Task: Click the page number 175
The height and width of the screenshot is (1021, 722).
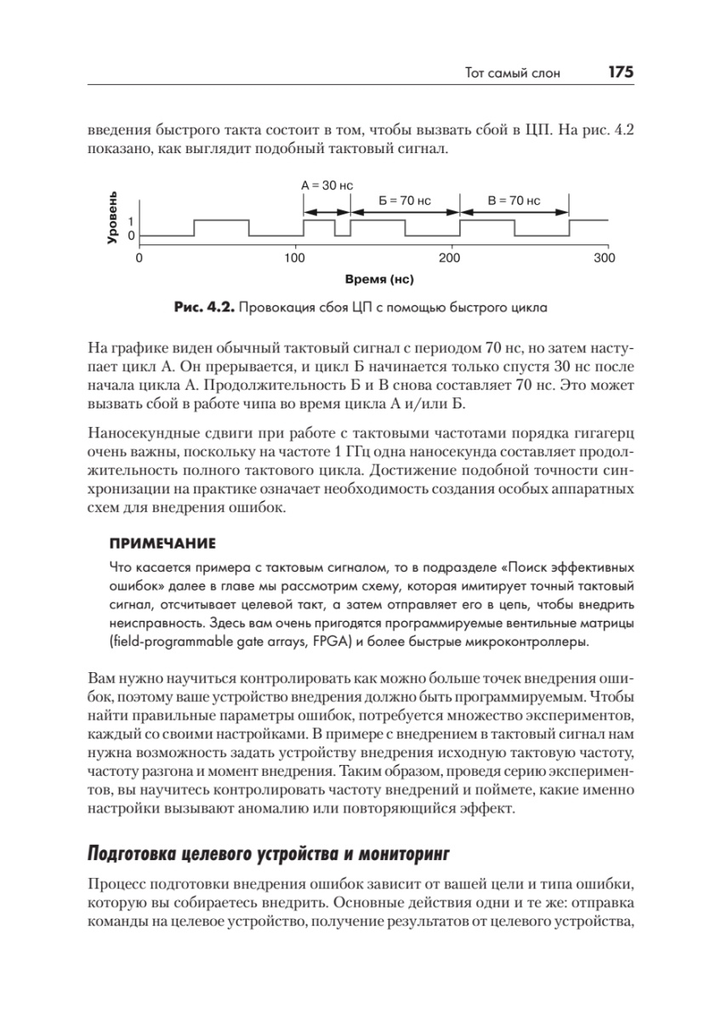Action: [620, 73]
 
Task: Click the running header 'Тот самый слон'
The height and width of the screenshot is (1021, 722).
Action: [514, 74]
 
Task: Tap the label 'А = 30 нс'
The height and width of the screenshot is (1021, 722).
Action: [327, 184]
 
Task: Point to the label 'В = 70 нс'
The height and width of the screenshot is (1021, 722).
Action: [514, 201]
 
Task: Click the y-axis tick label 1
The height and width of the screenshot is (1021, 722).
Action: [131, 220]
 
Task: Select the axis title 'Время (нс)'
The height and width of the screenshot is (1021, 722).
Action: [372, 278]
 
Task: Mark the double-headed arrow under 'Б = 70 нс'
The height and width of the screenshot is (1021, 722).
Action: [405, 213]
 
